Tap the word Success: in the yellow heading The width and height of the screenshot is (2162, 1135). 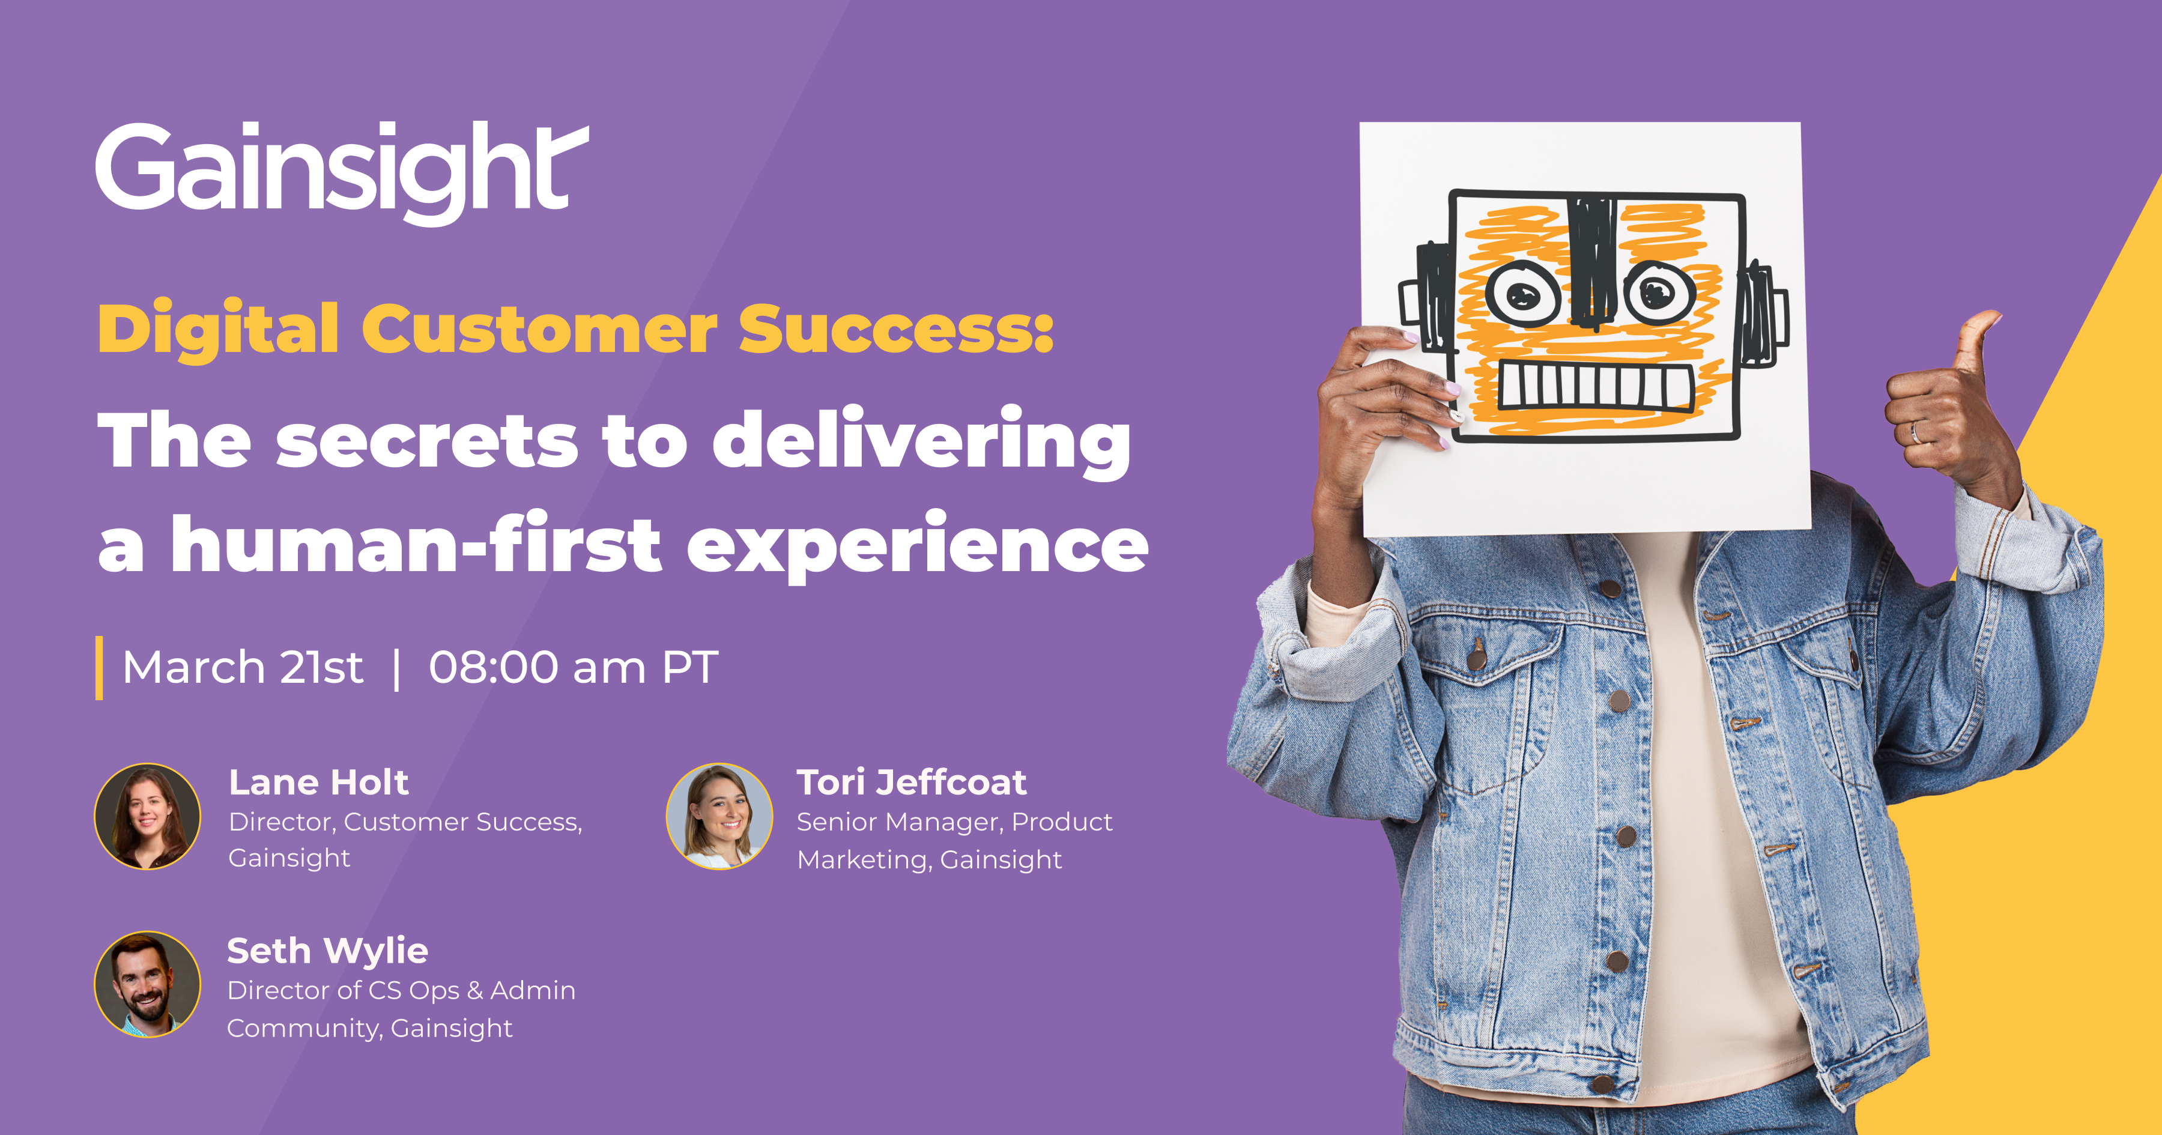[895, 329]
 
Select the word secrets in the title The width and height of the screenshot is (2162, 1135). [427, 443]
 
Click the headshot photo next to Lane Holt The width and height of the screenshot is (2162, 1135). [148, 816]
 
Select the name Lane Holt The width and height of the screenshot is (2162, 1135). [319, 782]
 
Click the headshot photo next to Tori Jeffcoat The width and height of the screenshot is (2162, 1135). [719, 816]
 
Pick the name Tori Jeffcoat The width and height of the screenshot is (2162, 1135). [912, 782]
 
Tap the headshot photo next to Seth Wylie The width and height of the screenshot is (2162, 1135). [148, 985]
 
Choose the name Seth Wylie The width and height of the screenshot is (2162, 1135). [327, 952]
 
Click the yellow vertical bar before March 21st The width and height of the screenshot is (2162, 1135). [99, 667]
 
